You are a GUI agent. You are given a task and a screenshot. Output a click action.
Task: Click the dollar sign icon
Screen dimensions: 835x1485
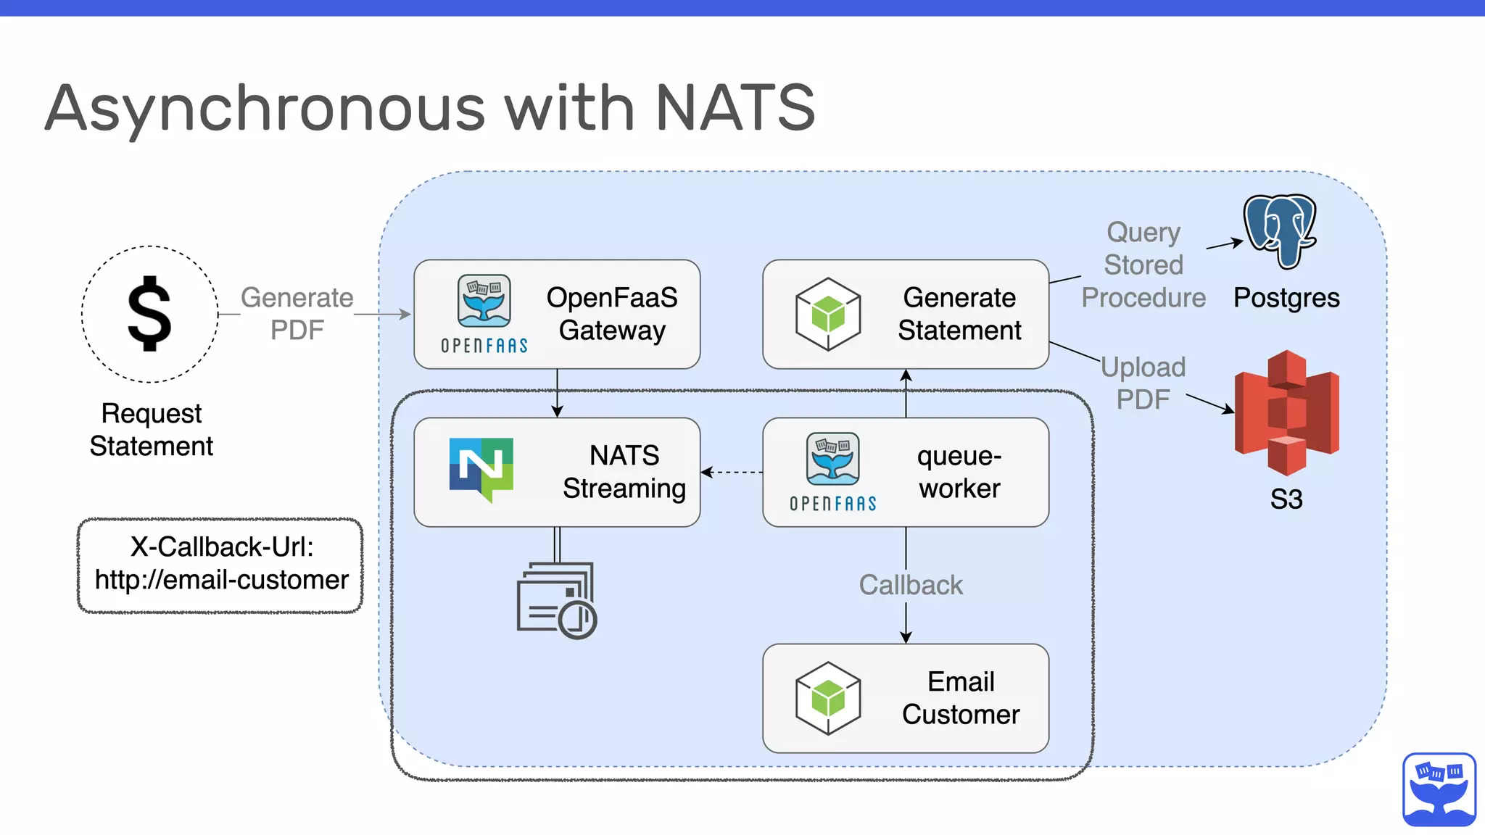[149, 314]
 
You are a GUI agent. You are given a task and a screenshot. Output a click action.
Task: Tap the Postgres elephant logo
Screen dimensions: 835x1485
[1281, 230]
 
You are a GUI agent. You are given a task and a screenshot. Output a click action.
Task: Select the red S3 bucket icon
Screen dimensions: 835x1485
[1286, 412]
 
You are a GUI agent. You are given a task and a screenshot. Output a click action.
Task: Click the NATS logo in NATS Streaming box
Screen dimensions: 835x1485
[481, 468]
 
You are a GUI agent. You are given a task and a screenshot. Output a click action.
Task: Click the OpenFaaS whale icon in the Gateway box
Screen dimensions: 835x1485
[484, 301]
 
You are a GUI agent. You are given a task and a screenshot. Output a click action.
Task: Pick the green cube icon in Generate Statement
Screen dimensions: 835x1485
[827, 314]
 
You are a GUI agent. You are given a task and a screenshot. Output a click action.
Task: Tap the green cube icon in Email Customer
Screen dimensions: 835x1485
[827, 698]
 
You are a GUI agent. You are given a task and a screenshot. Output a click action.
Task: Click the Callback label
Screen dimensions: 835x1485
[910, 585]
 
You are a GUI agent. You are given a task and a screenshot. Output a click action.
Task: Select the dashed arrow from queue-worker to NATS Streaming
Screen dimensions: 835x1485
[731, 473]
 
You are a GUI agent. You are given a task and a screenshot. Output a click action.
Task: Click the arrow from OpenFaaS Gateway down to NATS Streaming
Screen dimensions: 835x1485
[557, 394]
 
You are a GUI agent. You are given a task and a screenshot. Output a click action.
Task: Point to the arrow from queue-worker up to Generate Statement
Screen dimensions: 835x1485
[906, 394]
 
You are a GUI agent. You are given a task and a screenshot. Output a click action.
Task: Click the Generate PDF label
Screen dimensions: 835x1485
[297, 314]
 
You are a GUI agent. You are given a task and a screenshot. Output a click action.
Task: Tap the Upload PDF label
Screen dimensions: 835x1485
[1143, 383]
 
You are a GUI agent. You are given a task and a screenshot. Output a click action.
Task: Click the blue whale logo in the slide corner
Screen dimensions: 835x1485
[1439, 789]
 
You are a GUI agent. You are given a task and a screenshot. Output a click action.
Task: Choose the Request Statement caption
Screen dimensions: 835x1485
[151, 429]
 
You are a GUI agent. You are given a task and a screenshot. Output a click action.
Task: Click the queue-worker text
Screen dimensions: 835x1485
[959, 472]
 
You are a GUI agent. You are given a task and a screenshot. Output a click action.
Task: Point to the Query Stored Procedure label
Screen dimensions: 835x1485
[1143, 265]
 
